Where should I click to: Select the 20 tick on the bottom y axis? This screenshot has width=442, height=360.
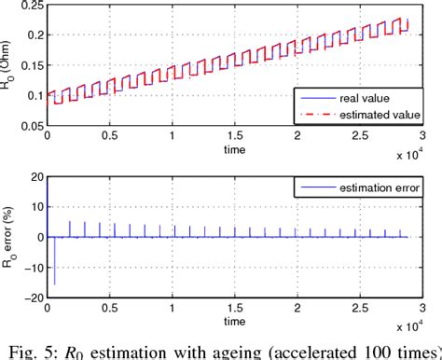[35, 178]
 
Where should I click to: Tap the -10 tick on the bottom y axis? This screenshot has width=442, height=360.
[33, 267]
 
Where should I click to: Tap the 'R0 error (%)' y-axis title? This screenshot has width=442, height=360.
[9, 237]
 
